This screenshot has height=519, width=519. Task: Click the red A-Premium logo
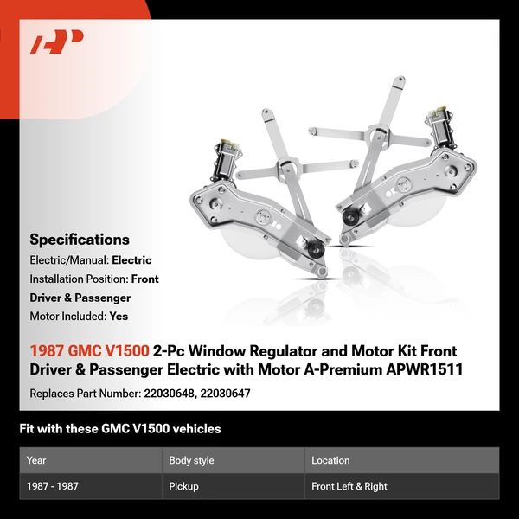tap(56, 42)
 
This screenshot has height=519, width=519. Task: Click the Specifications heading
tap(80, 240)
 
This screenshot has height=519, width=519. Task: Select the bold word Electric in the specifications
tap(131, 259)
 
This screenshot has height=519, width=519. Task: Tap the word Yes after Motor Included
tap(119, 317)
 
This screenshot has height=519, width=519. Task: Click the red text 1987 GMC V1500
tap(89, 351)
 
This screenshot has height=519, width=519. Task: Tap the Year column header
tap(36, 460)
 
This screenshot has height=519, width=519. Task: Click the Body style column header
tap(191, 460)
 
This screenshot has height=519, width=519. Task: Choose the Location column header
tap(330, 460)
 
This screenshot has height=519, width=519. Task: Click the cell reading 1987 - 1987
tap(53, 486)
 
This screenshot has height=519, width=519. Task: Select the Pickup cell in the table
tap(184, 486)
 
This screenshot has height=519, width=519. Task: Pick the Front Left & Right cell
tap(349, 486)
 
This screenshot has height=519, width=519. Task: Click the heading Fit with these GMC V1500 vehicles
tap(120, 428)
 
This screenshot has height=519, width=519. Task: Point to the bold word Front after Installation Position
tap(145, 279)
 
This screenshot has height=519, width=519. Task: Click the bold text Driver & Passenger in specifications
tap(80, 298)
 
